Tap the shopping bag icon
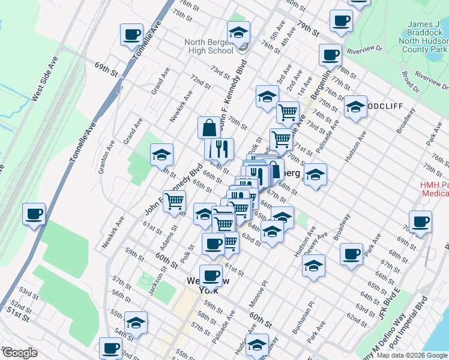point(209,128)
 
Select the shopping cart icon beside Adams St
point(174,202)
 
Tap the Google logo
point(20,353)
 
